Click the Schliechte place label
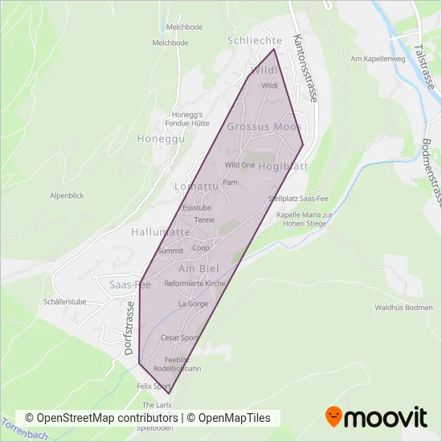(255, 41)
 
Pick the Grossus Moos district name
(264, 127)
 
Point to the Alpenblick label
(67, 195)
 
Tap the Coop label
(201, 248)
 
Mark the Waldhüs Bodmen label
(403, 308)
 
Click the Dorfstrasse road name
(129, 329)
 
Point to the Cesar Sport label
(180, 338)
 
